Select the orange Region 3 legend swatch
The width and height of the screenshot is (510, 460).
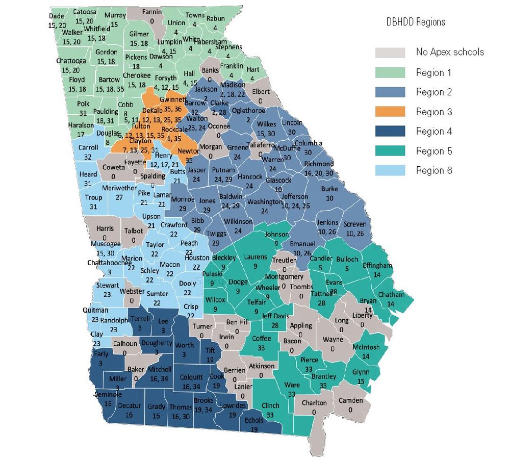click(x=390, y=112)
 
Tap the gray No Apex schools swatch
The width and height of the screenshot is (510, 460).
click(x=390, y=53)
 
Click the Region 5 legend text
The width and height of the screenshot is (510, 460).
click(x=434, y=151)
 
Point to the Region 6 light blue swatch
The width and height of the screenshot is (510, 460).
click(x=390, y=170)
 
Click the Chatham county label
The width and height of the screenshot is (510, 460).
click(x=390, y=294)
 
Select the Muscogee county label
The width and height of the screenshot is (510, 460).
click(x=106, y=244)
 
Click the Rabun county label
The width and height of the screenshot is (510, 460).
click(x=215, y=19)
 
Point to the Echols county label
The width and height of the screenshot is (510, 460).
click(x=254, y=420)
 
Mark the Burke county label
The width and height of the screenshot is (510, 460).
click(x=329, y=189)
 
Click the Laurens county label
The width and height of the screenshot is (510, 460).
click(x=252, y=258)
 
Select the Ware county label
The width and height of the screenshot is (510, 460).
click(x=292, y=385)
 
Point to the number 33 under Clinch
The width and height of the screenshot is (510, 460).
click(x=270, y=415)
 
